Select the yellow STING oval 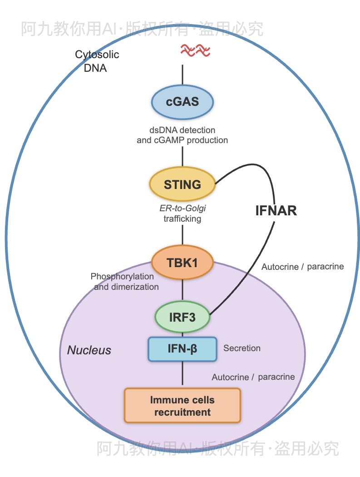pyautogui.click(x=182, y=184)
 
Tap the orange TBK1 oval pyautogui.click(x=182, y=263)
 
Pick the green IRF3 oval pyautogui.click(x=182, y=317)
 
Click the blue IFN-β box pyautogui.click(x=182, y=349)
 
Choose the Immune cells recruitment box pyautogui.click(x=182, y=406)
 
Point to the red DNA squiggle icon pyautogui.click(x=195, y=50)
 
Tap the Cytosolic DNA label pyautogui.click(x=97, y=61)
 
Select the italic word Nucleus pyautogui.click(x=89, y=350)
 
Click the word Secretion pyautogui.click(x=242, y=348)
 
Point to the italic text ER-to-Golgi pyautogui.click(x=182, y=209)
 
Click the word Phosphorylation pyautogui.click(x=122, y=276)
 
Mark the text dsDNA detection pyautogui.click(x=182, y=130)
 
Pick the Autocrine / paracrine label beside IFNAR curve pyautogui.click(x=302, y=267)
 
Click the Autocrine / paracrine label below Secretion pyautogui.click(x=253, y=377)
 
